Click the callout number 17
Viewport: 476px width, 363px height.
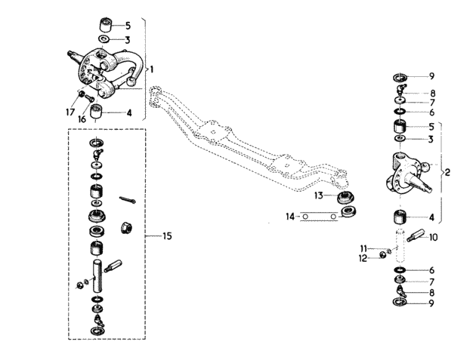(70, 112)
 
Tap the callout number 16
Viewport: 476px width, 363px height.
(82, 119)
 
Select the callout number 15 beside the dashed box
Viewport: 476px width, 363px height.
(167, 235)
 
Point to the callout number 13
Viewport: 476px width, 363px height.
(319, 195)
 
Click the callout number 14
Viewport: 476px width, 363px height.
(290, 217)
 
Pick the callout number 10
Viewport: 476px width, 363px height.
(434, 238)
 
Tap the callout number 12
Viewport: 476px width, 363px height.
(363, 259)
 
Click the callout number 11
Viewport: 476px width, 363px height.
(363, 249)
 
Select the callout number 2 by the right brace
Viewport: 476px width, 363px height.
(447, 173)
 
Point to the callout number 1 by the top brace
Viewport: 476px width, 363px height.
(152, 69)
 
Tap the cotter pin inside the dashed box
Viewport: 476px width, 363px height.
(128, 200)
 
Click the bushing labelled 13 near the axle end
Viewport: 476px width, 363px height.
(346, 198)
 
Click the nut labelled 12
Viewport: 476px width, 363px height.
(383, 255)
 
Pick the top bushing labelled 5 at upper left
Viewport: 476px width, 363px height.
(106, 25)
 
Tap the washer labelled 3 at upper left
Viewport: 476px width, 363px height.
(104, 39)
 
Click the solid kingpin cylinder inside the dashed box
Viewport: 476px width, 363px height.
(98, 276)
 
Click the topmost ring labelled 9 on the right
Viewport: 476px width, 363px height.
(400, 77)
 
